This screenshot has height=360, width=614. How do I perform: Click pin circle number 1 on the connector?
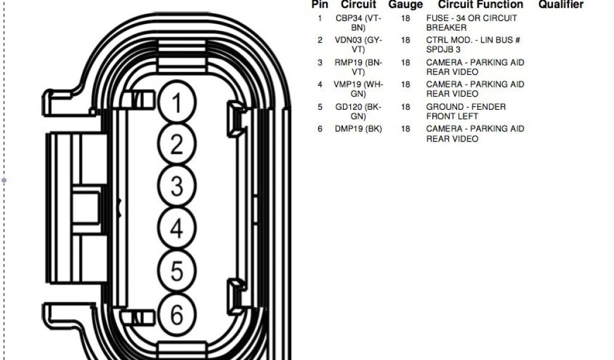point(176,103)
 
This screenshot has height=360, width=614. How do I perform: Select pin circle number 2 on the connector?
point(176,145)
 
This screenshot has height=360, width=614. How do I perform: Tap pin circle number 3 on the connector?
point(176,186)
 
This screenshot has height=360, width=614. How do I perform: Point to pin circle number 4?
point(176,229)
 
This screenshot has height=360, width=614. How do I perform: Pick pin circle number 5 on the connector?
point(176,271)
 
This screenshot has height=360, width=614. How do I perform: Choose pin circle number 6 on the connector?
point(176,313)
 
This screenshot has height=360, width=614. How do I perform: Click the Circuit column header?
point(359,5)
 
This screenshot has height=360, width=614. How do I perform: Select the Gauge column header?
point(405,5)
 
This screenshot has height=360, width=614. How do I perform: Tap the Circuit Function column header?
point(480,5)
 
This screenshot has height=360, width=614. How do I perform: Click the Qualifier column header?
point(561,5)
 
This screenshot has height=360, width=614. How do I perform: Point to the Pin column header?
point(320,5)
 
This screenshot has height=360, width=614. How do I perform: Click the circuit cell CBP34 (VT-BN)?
point(359,23)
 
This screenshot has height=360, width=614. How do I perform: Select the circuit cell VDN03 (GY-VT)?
point(359,45)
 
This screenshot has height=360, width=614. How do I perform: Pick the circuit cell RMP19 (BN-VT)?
point(359,67)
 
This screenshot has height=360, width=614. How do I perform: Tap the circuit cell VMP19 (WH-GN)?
point(359,89)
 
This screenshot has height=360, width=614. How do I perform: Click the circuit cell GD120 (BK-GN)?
point(359,112)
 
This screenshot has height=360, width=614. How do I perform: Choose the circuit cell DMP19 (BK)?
point(359,129)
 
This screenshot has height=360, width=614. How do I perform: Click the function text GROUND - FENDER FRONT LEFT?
point(466,112)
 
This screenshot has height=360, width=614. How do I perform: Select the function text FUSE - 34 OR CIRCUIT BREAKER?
point(471,23)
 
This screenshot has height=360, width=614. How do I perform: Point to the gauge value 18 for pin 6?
point(406,129)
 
